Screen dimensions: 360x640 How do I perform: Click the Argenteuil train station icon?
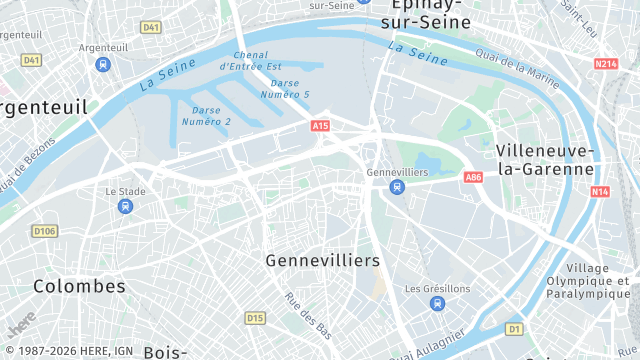(102, 64)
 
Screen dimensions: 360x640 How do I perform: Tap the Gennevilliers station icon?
(397, 187)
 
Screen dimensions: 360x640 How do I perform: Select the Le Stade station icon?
(125, 206)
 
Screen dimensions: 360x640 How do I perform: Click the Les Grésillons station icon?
(437, 304)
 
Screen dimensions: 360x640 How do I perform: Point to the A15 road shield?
(320, 126)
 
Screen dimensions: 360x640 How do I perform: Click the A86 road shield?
(473, 177)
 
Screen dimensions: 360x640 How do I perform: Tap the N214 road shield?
(606, 64)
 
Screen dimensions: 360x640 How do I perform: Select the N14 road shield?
(600, 191)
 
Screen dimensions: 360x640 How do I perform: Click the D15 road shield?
(255, 318)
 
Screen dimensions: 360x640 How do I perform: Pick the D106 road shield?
(44, 231)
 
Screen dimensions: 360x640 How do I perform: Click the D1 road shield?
(514, 328)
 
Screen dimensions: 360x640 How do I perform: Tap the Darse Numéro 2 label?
(206, 115)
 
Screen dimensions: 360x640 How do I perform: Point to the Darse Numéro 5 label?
(290, 88)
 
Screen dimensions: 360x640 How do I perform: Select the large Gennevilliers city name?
(323, 260)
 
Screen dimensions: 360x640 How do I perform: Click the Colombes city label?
(80, 286)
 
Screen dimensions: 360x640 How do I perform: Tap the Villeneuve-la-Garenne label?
(545, 159)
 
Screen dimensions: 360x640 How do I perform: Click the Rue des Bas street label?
(308, 316)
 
